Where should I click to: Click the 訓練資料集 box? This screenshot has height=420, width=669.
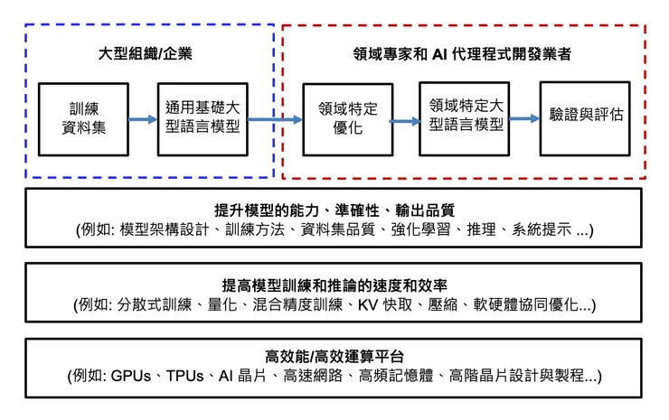click(86, 117)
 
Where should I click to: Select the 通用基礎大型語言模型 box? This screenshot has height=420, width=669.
click(203, 117)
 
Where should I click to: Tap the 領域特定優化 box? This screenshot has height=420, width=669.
click(342, 118)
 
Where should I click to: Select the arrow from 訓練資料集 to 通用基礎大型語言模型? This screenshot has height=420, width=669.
click(142, 118)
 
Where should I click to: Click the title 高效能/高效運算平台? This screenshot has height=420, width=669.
click(334, 355)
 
